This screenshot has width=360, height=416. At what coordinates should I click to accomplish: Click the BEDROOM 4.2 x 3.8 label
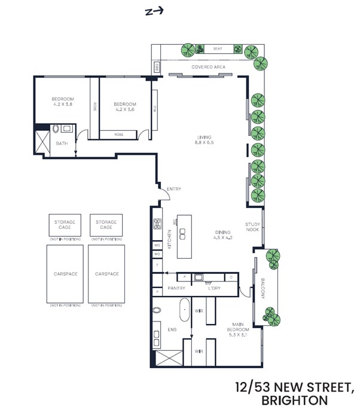click(x=63, y=101)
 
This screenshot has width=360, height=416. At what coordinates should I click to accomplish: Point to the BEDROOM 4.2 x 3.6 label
click(x=125, y=106)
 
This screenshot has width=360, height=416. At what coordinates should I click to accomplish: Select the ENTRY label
click(x=173, y=189)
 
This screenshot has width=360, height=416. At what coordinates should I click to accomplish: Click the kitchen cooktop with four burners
click(x=157, y=225)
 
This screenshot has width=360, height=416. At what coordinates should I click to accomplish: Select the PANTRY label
click(x=176, y=288)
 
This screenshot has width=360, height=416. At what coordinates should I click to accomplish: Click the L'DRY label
click(x=214, y=288)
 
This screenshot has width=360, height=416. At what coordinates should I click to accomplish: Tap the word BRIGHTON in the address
click(x=297, y=400)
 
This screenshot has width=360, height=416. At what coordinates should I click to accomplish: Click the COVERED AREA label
click(x=208, y=68)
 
